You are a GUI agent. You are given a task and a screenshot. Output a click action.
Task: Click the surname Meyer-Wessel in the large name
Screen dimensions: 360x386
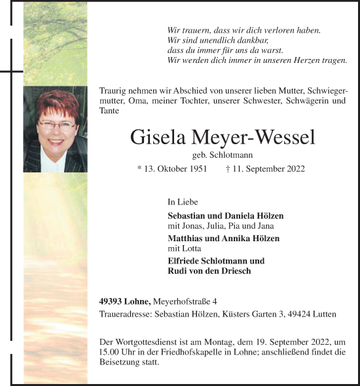(259, 138)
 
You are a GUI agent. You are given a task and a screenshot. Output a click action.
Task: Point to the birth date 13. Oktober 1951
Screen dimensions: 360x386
(175, 169)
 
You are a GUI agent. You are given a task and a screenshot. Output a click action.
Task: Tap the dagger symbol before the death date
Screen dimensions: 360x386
(226, 169)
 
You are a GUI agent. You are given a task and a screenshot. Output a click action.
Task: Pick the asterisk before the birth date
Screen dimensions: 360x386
(139, 169)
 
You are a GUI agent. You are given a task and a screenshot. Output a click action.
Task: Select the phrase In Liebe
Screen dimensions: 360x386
(183, 203)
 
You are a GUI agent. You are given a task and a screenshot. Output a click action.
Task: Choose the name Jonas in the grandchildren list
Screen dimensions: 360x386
(194, 225)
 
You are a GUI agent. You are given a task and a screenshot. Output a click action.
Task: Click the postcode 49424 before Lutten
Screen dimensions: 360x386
(298, 314)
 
